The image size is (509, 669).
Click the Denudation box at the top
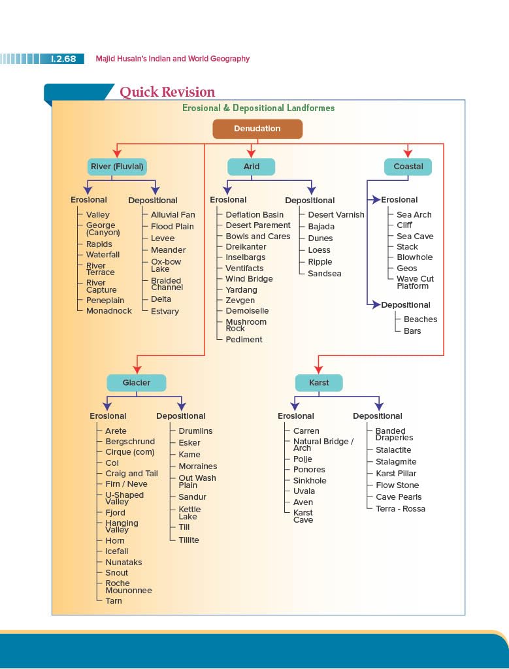(257, 129)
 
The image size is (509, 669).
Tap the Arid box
(252, 167)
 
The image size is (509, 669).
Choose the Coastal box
(408, 167)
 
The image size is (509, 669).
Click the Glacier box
(137, 383)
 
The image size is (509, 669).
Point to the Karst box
(320, 383)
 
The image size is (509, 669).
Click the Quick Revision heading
(167, 92)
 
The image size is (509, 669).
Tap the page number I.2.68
(63, 59)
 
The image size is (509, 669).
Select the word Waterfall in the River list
(103, 255)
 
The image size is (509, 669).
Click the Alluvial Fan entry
(172, 214)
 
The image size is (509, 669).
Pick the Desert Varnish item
(336, 214)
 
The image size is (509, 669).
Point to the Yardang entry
(241, 289)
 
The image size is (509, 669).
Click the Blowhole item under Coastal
(414, 257)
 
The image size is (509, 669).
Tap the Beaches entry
(420, 319)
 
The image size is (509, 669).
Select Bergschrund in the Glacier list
(130, 442)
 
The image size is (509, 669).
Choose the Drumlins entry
(195, 431)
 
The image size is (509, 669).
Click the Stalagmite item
(395, 462)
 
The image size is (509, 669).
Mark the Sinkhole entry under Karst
(310, 481)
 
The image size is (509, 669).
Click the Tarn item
(114, 601)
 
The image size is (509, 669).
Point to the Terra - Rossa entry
(400, 509)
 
